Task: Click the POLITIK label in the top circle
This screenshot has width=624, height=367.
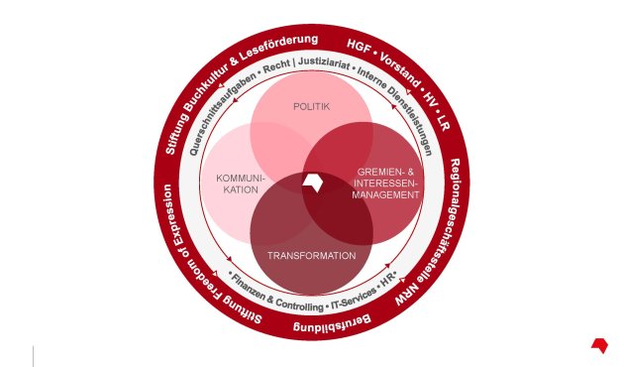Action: click(x=311, y=106)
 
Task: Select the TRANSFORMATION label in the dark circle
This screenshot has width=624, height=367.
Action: click(x=311, y=256)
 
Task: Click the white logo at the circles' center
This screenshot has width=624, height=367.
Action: click(x=313, y=183)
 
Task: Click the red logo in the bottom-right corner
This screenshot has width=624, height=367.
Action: click(x=598, y=344)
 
